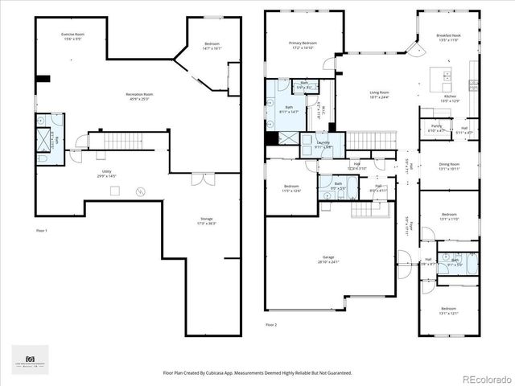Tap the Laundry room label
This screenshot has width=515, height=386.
coord(323,145)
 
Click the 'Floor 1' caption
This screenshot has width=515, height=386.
coord(42,231)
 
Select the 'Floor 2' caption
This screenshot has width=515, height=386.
coord(271,325)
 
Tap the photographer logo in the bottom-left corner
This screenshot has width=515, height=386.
coord(30,359)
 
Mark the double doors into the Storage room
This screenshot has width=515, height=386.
coord(203,179)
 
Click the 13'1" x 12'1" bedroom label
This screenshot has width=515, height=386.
coord(448,311)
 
